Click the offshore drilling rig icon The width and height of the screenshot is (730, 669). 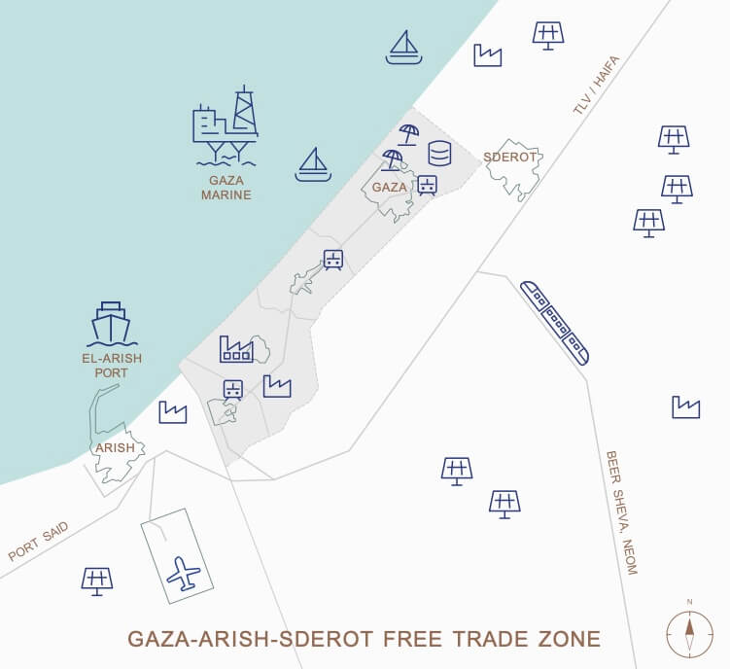[226, 124]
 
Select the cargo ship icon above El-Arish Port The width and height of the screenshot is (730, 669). [111, 325]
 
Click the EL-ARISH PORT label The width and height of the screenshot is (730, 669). [112, 366]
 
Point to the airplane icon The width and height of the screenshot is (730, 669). [183, 573]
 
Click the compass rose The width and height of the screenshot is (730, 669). [689, 633]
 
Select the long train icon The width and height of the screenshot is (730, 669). [554, 322]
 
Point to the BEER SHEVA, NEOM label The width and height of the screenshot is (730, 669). [620, 511]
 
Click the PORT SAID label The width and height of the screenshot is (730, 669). [38, 542]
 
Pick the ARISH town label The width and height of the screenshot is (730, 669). [114, 448]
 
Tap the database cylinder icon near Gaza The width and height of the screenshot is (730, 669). [440, 154]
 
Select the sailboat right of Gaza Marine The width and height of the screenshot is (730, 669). [313, 165]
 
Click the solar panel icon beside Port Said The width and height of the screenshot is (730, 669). [96, 581]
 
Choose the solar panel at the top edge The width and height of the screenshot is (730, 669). [548, 35]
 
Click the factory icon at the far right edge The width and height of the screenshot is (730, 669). [685, 407]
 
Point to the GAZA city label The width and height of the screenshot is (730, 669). [389, 187]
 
